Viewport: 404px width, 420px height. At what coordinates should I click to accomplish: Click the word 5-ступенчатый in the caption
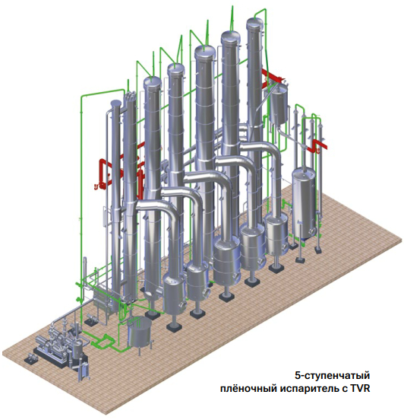pos(333,376)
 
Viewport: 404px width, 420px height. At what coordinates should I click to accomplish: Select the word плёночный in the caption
pos(248,388)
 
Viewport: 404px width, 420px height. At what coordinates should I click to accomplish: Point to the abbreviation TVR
pos(360,388)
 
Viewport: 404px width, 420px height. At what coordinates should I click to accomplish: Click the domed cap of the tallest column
pos(254,23)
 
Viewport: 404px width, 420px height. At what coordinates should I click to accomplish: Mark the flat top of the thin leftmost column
pos(115,103)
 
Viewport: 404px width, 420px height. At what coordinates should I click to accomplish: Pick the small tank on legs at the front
pos(139,333)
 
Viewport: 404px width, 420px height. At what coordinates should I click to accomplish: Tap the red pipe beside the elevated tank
pos(273,77)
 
